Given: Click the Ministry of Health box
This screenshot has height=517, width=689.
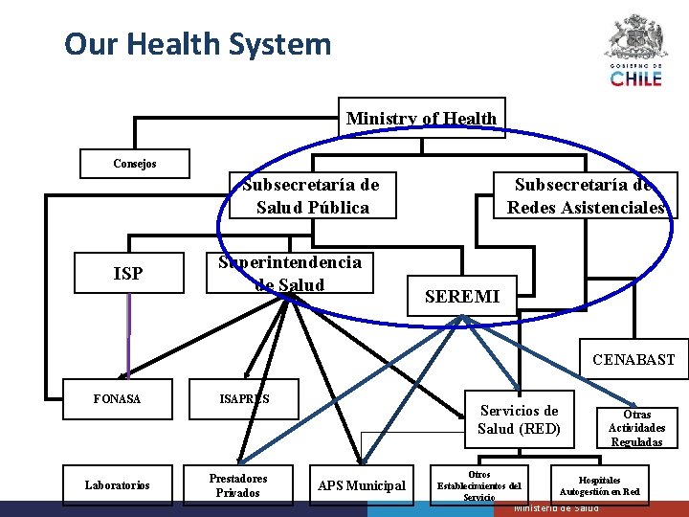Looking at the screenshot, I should point(421,118).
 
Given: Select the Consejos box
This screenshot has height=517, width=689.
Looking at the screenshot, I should point(134,164).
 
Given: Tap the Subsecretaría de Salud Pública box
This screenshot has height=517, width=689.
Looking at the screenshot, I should point(311,195).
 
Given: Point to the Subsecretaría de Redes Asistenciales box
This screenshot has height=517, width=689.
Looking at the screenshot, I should point(585,196).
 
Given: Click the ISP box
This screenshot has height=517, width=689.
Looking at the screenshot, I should point(128,274).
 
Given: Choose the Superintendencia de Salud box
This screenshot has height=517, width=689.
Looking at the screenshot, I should point(290,273).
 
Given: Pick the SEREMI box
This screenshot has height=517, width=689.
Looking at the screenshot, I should point(461,297).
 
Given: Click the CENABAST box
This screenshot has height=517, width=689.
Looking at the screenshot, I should point(633,360).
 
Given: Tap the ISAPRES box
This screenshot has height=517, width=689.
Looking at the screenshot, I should point(244,398).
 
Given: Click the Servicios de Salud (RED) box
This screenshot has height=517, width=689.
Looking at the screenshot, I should point(518,419).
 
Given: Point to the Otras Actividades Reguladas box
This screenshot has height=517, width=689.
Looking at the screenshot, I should point(636,428).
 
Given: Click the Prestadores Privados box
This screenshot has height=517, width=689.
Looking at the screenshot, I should point(238,484).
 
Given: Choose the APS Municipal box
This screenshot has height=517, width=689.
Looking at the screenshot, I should point(362,485).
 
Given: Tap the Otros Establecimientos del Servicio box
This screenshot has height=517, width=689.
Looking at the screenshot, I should point(478,484).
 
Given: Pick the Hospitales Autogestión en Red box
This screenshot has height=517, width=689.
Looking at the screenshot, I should point(599,484).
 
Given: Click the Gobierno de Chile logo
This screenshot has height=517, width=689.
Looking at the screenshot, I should point(634,51).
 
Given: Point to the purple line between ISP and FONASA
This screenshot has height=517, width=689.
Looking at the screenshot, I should point(128,335).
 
